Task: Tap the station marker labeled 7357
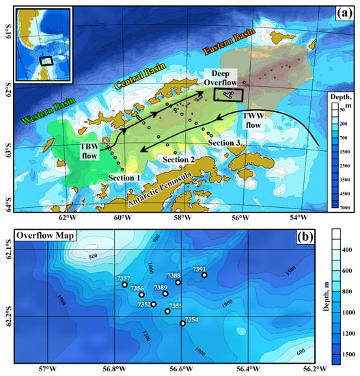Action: click(x=124, y=284)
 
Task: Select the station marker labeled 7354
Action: click(x=182, y=323)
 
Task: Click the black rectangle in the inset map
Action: click(x=46, y=60)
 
